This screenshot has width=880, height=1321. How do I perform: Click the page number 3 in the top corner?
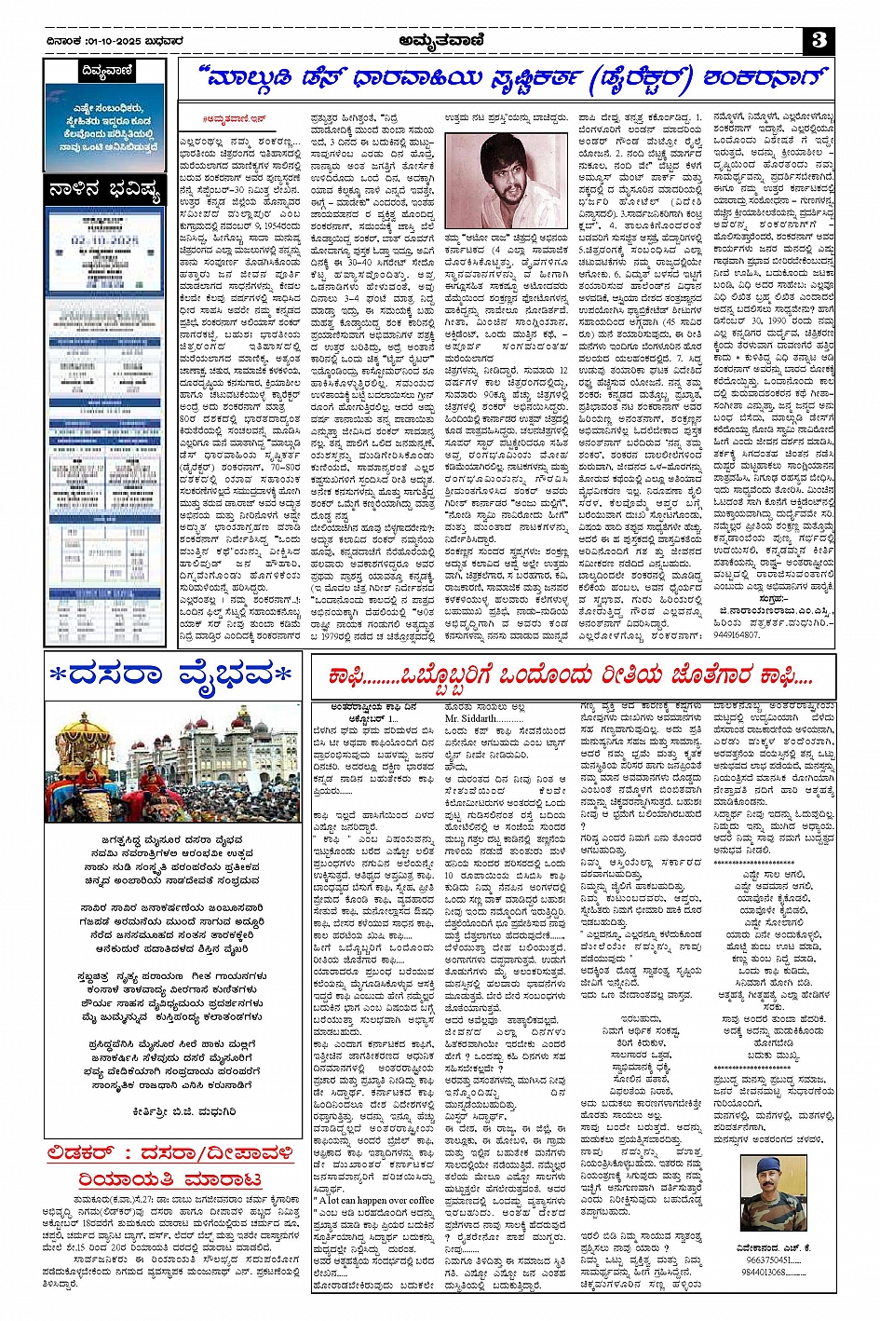click(819, 40)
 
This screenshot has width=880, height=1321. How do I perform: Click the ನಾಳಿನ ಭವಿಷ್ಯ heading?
click(105, 192)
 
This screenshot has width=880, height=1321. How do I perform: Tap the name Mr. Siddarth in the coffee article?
click(471, 719)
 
